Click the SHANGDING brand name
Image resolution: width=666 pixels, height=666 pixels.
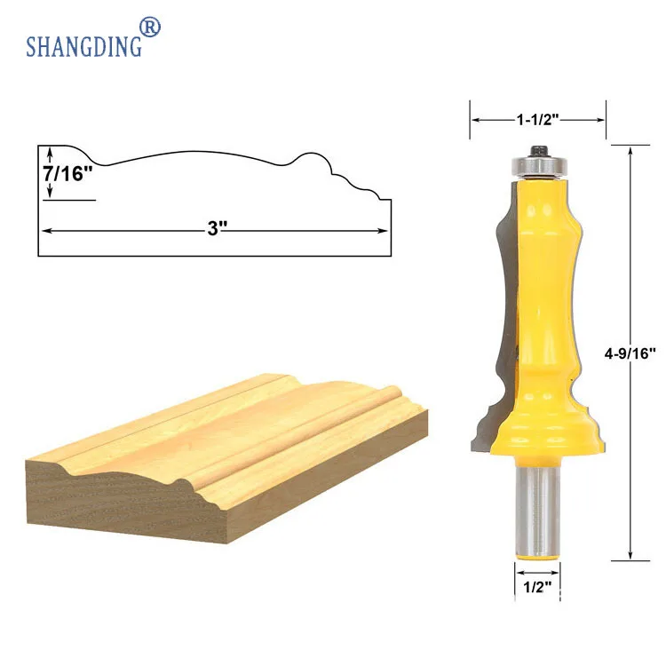pos(83,46)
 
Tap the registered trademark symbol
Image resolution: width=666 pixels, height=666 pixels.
pos(150,28)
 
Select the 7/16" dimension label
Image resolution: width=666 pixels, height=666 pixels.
pos(67,173)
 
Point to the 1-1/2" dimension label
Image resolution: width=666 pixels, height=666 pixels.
pos(537,120)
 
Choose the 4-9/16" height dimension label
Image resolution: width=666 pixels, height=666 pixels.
pos(630,353)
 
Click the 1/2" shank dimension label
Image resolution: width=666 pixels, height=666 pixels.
pos(537,587)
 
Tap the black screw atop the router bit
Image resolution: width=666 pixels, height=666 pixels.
pos(539,151)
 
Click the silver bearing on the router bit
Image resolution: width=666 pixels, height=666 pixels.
pos(539,166)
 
